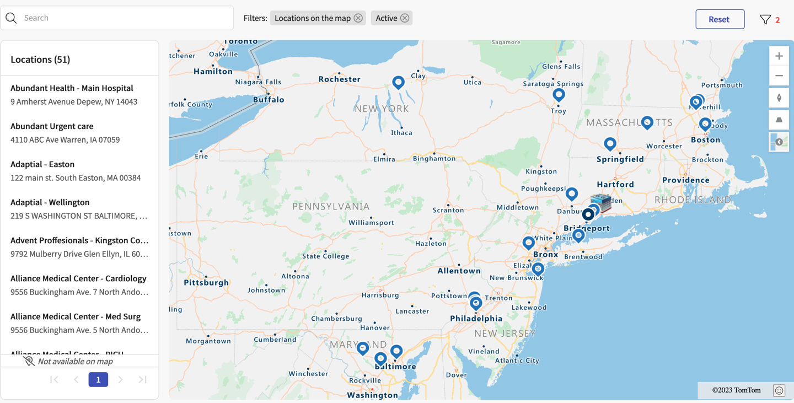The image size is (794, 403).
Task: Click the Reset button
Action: point(720,19)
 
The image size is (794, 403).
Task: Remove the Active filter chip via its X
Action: point(405,18)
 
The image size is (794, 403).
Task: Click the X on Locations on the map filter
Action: point(358,18)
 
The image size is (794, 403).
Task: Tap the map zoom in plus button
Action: point(779,56)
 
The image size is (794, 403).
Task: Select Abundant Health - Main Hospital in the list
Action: point(72,88)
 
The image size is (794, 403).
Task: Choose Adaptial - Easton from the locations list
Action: point(42,164)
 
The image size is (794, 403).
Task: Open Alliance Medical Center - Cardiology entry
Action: point(78,278)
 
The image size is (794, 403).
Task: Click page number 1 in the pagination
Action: point(98,379)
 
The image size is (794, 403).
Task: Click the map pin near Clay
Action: point(398,82)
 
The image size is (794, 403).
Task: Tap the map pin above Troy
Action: point(559,94)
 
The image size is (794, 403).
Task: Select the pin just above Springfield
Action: point(610,144)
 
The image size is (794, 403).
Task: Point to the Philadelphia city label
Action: point(476,319)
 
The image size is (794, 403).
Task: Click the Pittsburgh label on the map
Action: point(206,283)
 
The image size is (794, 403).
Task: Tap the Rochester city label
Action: point(339,79)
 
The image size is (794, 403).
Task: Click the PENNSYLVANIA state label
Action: point(331,206)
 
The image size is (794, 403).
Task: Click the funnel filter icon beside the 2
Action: point(765,20)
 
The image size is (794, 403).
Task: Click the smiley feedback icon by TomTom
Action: point(779,390)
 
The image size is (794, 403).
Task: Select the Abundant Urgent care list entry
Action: point(52,126)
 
